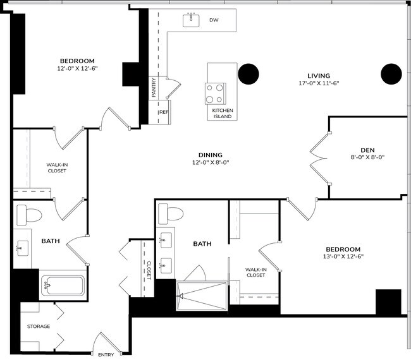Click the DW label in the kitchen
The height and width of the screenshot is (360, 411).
tap(214, 20)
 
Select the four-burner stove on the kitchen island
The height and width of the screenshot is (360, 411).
tap(214, 93)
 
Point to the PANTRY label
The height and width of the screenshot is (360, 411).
tap(154, 88)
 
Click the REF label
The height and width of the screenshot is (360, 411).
tap(164, 112)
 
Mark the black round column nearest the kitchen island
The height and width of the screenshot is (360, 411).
tap(248, 75)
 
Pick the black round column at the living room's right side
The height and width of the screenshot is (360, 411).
tap(391, 74)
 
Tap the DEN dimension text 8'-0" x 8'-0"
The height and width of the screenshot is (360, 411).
tap(367, 158)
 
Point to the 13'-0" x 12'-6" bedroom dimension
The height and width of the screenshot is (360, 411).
tap(343, 256)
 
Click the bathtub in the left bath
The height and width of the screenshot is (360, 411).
tap(63, 285)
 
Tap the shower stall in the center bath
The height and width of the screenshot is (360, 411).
tap(201, 295)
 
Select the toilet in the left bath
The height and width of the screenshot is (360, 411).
tap(28, 214)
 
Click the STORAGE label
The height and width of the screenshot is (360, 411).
tap(38, 327)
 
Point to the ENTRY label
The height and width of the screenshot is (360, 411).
tap(106, 354)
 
